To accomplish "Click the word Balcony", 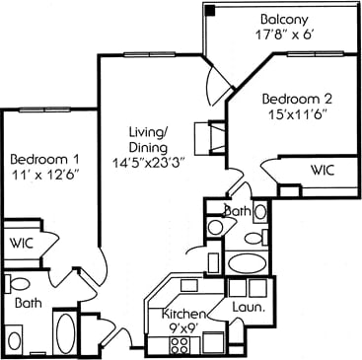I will point(282,20).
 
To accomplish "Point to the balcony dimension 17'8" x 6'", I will point(281,36).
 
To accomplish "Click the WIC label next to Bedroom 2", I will point(323,170).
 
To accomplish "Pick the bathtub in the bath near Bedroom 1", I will point(65,330).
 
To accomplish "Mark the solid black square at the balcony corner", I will point(209,9).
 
